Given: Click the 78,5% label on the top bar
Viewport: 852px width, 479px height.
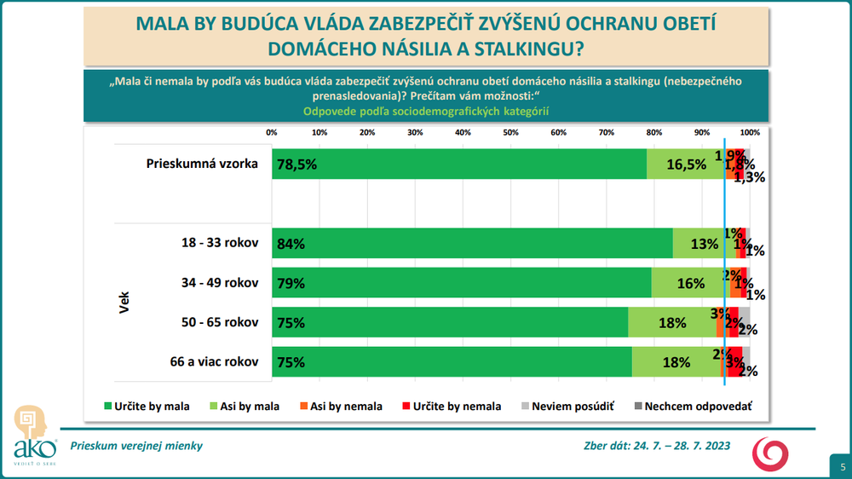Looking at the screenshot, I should point(296,164).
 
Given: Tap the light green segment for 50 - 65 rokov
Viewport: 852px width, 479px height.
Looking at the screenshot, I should point(671,322).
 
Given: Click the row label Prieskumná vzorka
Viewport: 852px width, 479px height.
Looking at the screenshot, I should point(202,164).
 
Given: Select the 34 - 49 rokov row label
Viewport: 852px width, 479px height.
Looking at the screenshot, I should point(214,283).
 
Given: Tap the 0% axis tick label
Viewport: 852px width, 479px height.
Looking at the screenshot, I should point(272,132).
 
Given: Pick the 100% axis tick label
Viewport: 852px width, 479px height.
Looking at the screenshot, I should point(749,132).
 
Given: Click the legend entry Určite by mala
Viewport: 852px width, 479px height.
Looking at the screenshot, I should point(147,407).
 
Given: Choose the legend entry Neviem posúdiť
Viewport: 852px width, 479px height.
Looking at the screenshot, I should point(566,407).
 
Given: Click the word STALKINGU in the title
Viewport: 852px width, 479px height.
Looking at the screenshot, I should point(528,49).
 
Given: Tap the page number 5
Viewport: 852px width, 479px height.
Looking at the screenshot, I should point(842,466).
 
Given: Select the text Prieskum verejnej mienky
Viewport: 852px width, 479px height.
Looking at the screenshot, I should point(136,446).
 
